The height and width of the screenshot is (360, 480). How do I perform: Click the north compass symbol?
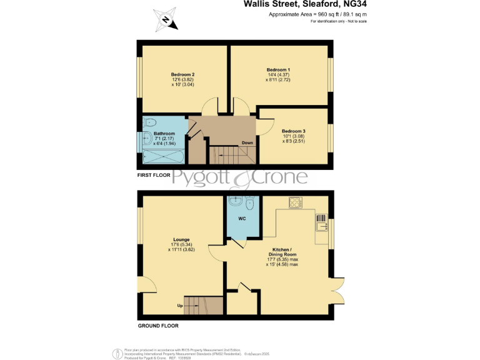167,19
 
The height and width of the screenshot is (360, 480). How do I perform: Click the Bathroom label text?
164,133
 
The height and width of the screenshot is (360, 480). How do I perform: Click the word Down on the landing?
247,142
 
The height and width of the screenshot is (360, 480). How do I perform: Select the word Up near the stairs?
181,306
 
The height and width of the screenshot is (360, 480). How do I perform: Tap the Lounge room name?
181,239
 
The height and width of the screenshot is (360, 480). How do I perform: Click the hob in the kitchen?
295,202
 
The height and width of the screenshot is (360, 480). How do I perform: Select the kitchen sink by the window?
321,222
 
